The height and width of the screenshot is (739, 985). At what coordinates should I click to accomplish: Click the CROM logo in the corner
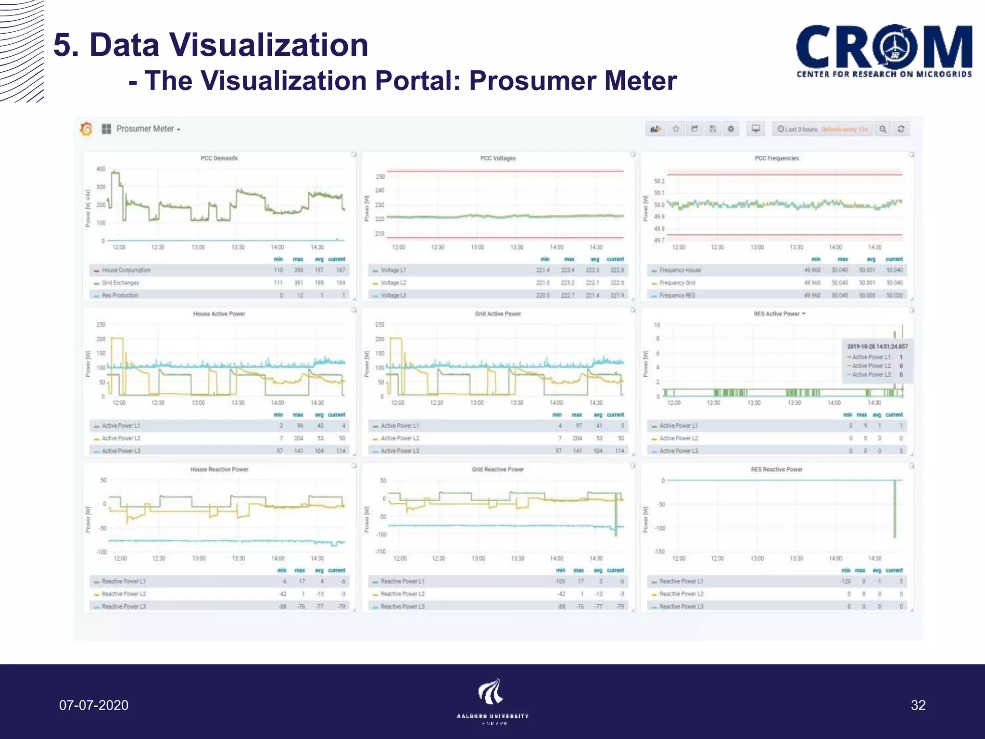tap(884, 51)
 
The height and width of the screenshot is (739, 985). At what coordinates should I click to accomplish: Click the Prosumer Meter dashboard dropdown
tap(148, 129)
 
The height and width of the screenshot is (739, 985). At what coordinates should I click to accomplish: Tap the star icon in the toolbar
tap(676, 129)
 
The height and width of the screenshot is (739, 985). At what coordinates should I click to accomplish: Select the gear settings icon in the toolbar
tap(731, 129)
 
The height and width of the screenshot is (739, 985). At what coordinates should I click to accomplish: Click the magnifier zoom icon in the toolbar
tap(883, 129)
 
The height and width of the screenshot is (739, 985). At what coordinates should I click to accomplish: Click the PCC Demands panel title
tap(219, 158)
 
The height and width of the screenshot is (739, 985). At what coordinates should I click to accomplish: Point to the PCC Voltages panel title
tap(498, 158)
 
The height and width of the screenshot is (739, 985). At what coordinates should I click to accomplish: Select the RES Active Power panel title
tap(777, 314)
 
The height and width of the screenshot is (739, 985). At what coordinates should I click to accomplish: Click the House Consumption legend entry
tap(126, 270)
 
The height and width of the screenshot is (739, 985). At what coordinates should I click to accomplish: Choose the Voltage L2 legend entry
tap(393, 283)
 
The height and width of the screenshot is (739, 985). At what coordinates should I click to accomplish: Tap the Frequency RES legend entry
tap(677, 295)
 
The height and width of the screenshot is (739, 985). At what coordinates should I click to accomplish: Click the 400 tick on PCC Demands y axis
tap(101, 169)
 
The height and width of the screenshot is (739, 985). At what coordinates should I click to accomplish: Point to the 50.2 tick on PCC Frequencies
tap(659, 181)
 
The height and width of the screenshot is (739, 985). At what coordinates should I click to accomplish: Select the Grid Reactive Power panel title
tap(498, 470)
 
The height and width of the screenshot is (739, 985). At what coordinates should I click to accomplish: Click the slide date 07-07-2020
tap(94, 705)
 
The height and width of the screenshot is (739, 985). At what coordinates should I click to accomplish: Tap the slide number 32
tap(918, 705)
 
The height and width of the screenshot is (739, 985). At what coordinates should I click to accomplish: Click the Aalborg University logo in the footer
tap(492, 701)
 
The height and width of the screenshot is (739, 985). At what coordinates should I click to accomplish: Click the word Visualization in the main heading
tap(229, 45)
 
